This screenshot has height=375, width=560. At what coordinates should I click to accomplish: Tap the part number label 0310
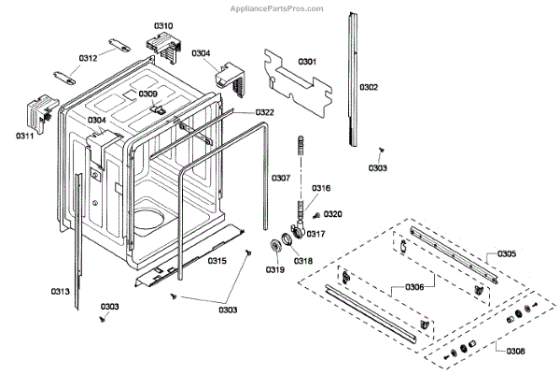pos(163,25)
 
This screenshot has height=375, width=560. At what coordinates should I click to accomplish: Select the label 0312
pos(88,58)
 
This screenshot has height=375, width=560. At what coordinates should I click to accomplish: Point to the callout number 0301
pos(307,62)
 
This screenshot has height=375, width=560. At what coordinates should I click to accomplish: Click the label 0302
pos(369,88)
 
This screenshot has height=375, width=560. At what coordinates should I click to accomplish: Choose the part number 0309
pos(148,94)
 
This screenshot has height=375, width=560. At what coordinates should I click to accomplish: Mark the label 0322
pos(264,112)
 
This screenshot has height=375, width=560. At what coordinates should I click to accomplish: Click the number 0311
pos(24,137)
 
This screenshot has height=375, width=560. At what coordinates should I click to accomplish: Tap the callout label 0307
pos(281,178)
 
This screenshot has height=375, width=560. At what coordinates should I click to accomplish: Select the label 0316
pos(321,189)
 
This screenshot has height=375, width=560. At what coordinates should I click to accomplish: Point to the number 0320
pos(333,214)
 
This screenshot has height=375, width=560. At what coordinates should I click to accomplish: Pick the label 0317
pos(315,234)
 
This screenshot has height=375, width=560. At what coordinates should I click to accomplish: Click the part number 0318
pos(303,262)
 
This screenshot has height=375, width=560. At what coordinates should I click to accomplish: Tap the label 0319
pos(274,270)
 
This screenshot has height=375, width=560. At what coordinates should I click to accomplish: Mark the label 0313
pos(60,292)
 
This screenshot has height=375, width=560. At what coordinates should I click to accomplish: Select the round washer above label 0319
pos(275,247)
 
